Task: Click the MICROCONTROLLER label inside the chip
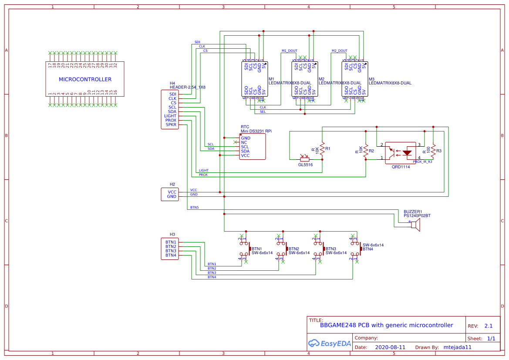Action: pos(85,79)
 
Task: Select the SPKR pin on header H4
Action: pos(171,124)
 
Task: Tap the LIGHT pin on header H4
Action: pos(170,116)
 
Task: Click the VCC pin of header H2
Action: pos(172,192)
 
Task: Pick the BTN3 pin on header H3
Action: pos(171,251)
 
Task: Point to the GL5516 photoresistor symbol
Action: pos(305,159)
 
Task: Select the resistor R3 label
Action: pos(439,151)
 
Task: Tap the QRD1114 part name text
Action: pos(401,167)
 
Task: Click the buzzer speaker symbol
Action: pos(416,225)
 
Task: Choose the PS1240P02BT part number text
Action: pos(417,215)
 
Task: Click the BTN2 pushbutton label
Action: pos(294,249)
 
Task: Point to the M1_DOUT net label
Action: pos(289,51)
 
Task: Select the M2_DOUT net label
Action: pos(339,51)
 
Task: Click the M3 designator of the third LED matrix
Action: pos(371,79)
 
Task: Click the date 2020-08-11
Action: pos(390,347)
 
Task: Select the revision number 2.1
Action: pos(488,326)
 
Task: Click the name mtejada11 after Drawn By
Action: pos(457,347)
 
